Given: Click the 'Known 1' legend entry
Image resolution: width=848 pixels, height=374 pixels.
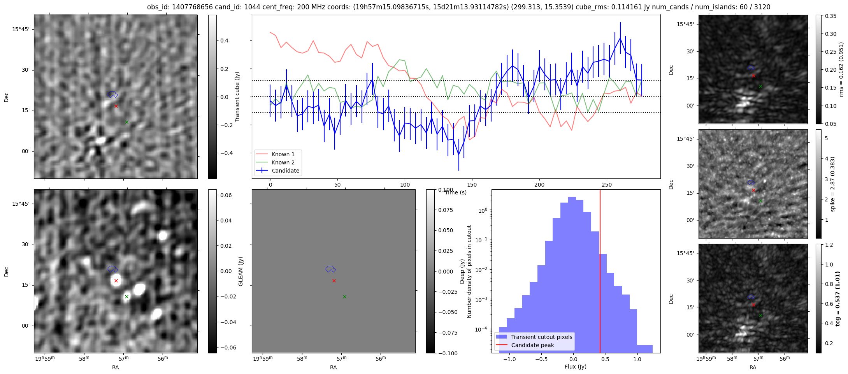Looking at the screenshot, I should (x=283, y=154).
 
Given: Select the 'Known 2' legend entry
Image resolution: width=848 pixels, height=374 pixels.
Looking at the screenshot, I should (x=283, y=162).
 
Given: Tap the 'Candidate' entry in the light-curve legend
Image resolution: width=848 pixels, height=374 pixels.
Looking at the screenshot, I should (x=285, y=171).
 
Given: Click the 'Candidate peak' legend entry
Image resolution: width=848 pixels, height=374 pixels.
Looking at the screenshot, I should (x=532, y=345).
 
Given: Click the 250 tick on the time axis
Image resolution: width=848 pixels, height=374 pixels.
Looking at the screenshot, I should (x=607, y=185).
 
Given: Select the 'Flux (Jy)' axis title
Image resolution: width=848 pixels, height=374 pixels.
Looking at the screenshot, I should (x=576, y=367).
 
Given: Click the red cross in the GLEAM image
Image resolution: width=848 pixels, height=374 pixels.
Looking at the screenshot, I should (x=116, y=280).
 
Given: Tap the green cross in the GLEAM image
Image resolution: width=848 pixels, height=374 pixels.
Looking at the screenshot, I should (x=126, y=296).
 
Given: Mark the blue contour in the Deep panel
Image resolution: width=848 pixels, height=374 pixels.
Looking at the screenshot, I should (x=330, y=269).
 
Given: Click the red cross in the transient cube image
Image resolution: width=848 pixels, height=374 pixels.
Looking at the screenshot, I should (x=116, y=106).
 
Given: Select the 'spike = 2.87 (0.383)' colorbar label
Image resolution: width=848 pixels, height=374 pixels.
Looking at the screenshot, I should (x=832, y=184).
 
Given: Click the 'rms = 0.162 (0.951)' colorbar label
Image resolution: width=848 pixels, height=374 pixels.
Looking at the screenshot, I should (x=841, y=70).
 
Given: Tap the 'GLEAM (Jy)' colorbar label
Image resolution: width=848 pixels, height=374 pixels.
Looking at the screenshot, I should (x=241, y=271).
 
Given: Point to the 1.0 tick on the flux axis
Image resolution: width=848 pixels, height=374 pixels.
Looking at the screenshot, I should (x=637, y=359).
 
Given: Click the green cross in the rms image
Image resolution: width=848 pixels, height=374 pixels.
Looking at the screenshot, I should (x=760, y=86).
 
